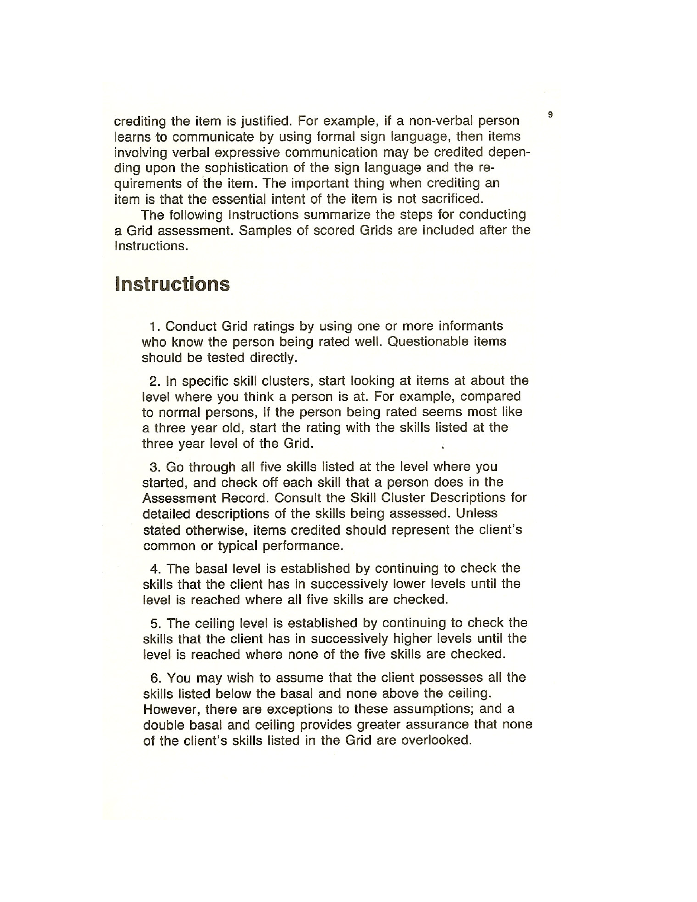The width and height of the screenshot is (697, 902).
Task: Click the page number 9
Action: [550, 115]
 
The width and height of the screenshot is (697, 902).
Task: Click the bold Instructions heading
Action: [172, 284]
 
